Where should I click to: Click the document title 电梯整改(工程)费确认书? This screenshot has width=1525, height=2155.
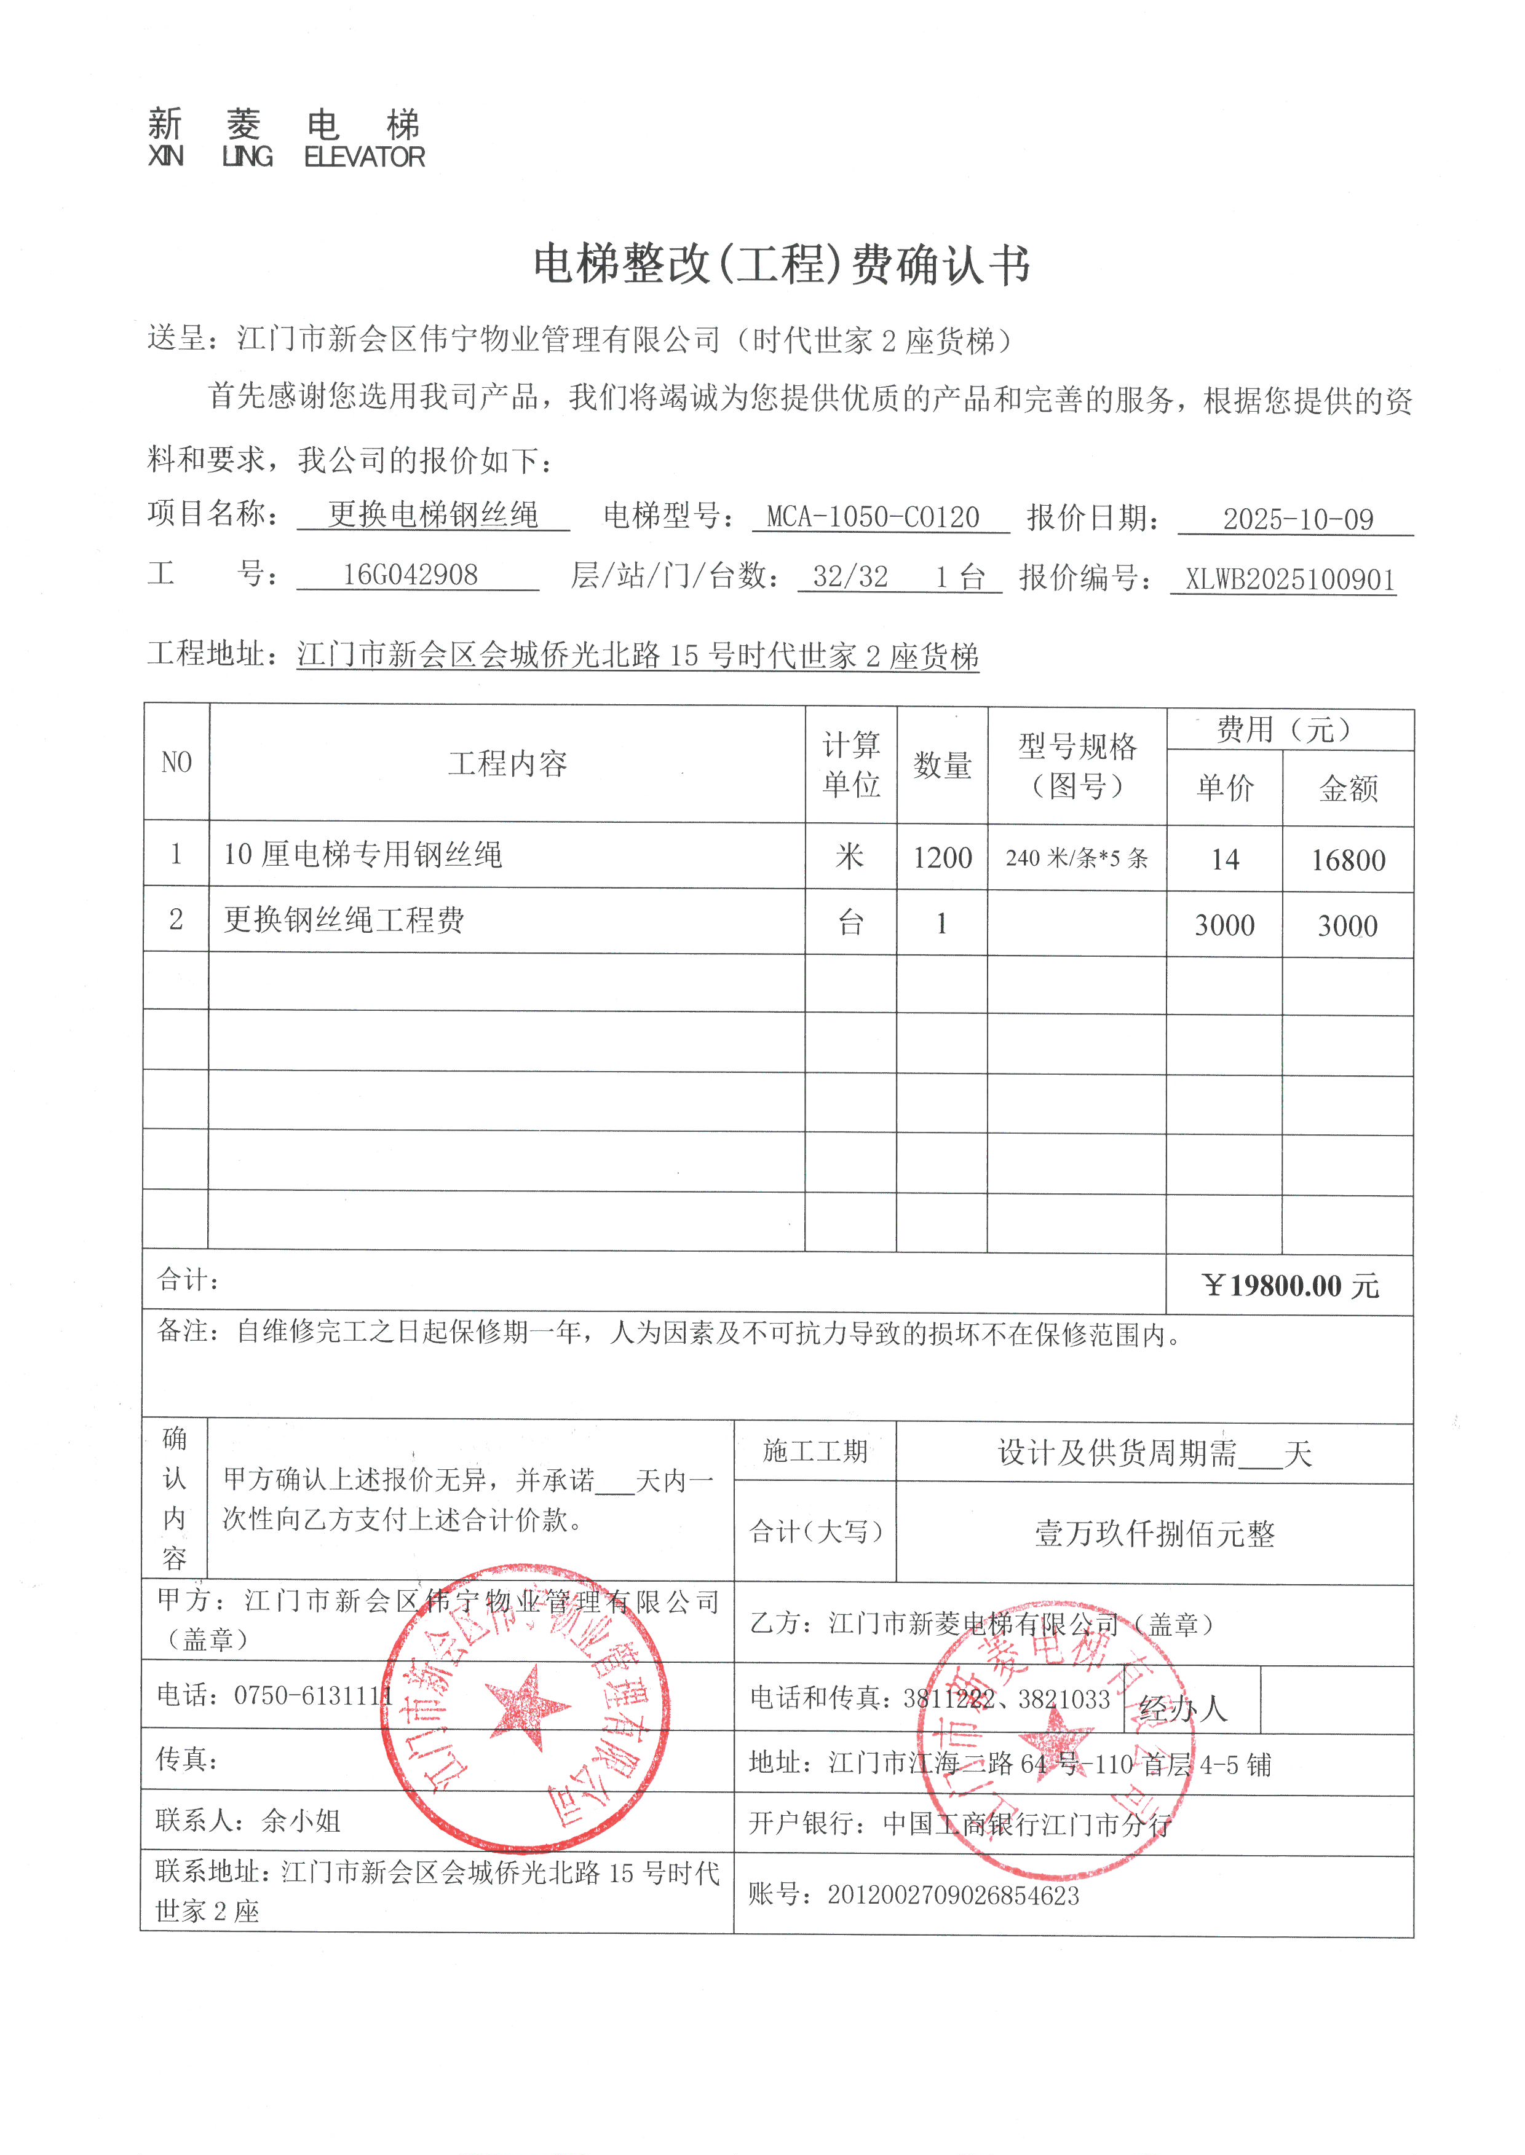pyautogui.click(x=782, y=265)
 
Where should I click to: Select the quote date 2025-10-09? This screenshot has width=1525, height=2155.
pyautogui.click(x=1297, y=519)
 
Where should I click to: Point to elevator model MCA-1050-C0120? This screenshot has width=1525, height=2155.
pyautogui.click(x=873, y=517)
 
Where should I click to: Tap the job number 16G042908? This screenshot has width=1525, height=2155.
pyautogui.click(x=410, y=575)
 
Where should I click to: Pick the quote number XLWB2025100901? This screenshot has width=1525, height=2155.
pyautogui.click(x=1289, y=579)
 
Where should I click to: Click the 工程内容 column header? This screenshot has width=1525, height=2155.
pyautogui.click(x=507, y=764)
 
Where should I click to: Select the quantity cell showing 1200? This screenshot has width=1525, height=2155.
pyautogui.click(x=942, y=858)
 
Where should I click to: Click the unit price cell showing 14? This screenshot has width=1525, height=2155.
pyautogui.click(x=1224, y=860)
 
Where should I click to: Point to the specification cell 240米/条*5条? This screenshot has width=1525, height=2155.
pyautogui.click(x=1076, y=858)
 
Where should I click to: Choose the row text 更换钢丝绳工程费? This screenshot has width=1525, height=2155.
pyautogui.click(x=344, y=920)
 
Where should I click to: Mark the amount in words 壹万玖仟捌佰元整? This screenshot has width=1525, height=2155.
pyautogui.click(x=1154, y=1534)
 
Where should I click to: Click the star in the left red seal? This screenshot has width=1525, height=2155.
pyautogui.click(x=527, y=1706)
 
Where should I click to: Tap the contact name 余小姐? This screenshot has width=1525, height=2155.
pyautogui.click(x=301, y=1821)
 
